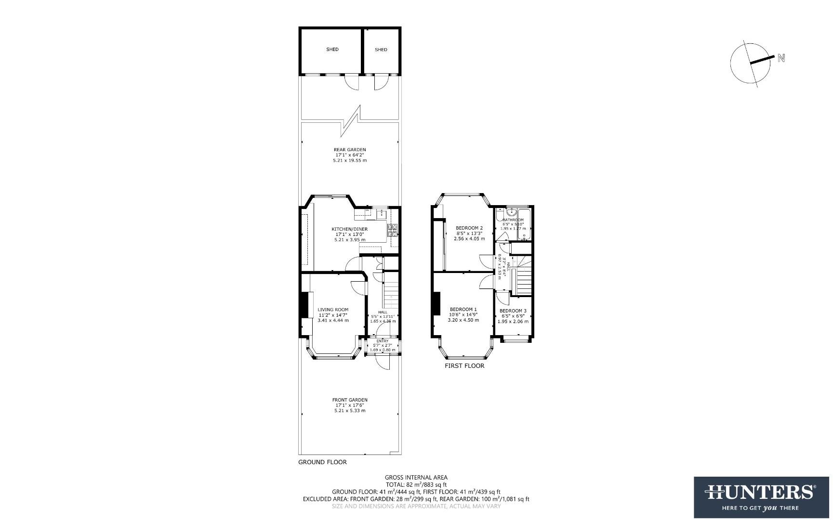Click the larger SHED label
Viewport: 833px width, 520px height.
tap(332, 50)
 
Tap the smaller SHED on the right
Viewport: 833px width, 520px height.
tap(381, 50)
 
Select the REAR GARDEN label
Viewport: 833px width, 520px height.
tap(350, 150)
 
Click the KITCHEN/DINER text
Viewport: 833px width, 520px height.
tap(349, 229)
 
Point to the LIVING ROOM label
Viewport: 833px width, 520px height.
tap(333, 310)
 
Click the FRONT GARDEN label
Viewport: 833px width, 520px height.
tap(350, 400)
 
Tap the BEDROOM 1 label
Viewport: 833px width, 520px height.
tap(463, 310)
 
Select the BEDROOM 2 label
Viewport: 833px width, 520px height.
tap(469, 228)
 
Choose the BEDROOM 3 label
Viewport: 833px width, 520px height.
tap(513, 311)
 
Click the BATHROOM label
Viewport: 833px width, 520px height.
tap(513, 220)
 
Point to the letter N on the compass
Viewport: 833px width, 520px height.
tap(781, 58)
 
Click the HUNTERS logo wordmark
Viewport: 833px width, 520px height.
tap(761, 493)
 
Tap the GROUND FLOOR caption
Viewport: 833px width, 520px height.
tap(322, 462)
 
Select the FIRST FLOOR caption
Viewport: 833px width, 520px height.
tap(464, 366)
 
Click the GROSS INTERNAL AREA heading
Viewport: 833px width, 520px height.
tap(416, 478)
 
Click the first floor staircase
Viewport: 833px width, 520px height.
tap(524, 279)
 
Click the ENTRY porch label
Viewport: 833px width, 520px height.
tap(383, 341)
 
